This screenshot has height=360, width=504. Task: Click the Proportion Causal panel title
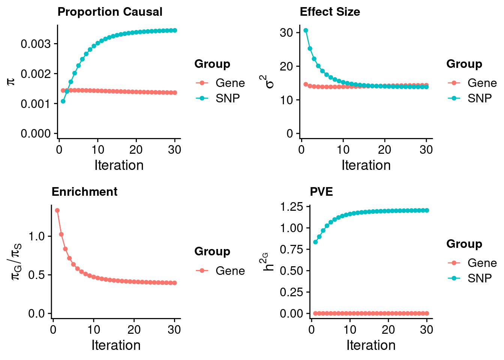pyautogui.click(x=110, y=12)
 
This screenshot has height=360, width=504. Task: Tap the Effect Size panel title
pyautogui.click(x=330, y=12)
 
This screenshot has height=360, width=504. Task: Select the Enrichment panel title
pyautogui.click(x=84, y=192)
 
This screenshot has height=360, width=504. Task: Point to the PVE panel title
pyautogui.click(x=321, y=192)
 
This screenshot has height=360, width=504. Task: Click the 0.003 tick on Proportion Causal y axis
pyautogui.click(x=36, y=44)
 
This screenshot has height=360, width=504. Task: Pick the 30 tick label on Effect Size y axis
pyautogui.click(x=286, y=33)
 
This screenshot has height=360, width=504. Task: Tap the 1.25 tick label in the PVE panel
pyautogui.click(x=291, y=207)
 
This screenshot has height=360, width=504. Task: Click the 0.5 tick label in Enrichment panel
pyautogui.click(x=36, y=275)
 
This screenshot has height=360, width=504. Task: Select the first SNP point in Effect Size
pyautogui.click(x=306, y=30)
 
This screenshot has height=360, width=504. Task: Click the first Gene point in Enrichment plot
pyautogui.click(x=57, y=210)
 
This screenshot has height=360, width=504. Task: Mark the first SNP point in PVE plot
pyautogui.click(x=315, y=242)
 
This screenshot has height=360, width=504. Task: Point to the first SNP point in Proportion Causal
pyautogui.click(x=63, y=101)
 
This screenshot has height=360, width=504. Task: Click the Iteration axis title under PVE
pyautogui.click(x=371, y=345)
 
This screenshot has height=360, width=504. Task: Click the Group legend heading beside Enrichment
pyautogui.click(x=212, y=252)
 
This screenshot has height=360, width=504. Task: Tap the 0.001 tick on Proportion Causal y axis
pyautogui.click(x=36, y=104)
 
